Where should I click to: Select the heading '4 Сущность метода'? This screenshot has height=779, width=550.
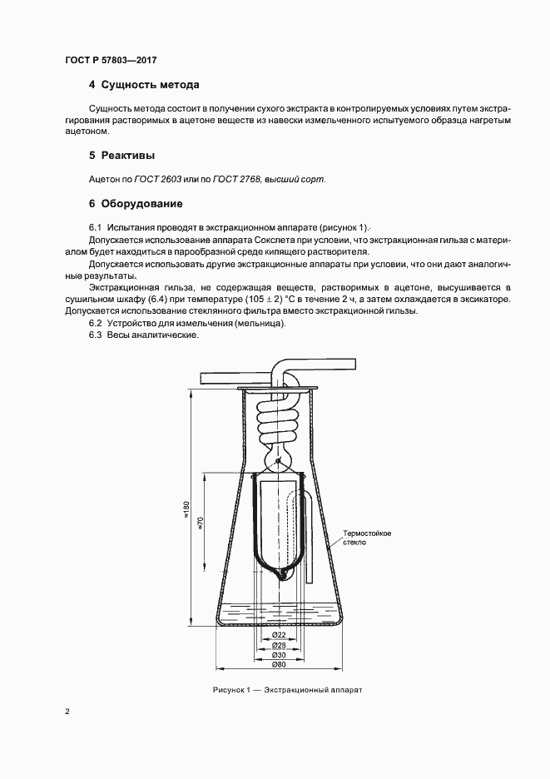(143, 85)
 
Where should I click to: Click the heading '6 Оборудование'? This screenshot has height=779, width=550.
(135, 203)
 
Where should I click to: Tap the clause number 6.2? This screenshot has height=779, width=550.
(95, 323)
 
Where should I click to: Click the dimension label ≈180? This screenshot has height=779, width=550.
(187, 507)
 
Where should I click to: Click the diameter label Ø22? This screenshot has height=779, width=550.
(280, 636)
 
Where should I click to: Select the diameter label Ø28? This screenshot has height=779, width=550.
(280, 645)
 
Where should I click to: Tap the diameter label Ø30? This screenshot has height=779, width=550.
(280, 655)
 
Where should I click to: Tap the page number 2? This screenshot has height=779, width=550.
(66, 712)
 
